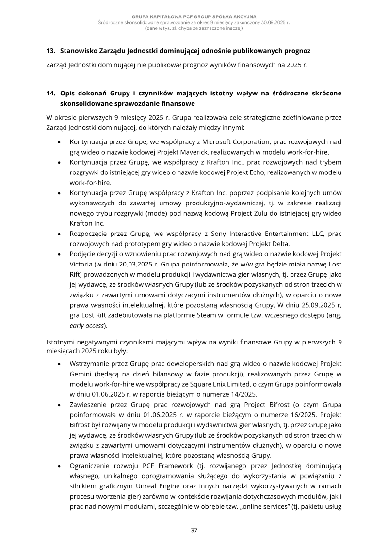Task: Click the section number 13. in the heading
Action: point(50,50)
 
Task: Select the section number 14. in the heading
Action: point(50,94)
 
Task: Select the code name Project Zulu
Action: point(226,215)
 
